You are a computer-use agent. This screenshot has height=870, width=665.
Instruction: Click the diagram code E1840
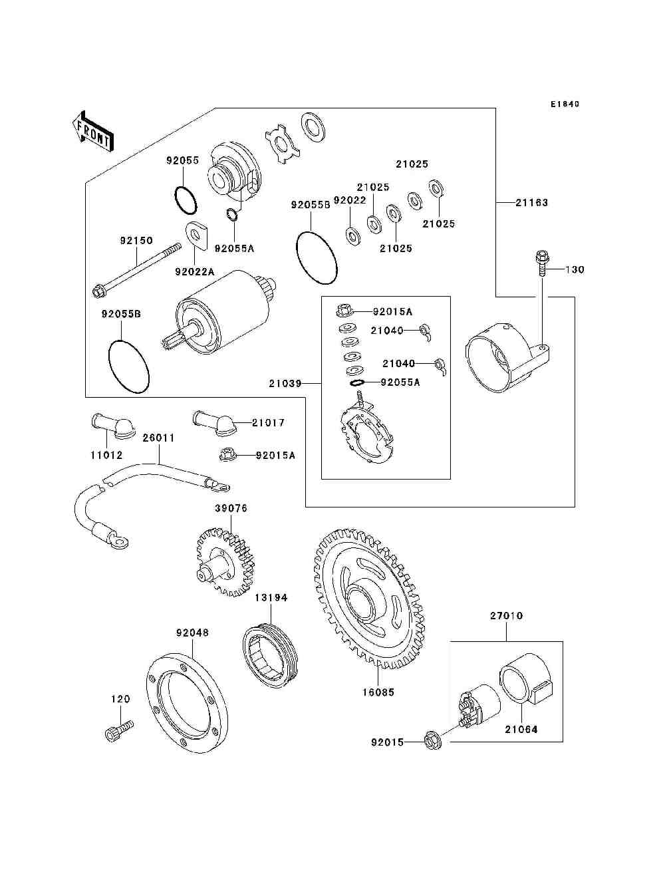[x=565, y=104]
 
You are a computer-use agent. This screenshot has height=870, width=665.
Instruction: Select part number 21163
[x=531, y=202]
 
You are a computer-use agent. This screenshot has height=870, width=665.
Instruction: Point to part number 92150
[x=136, y=241]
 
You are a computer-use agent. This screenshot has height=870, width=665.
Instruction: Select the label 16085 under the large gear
[x=378, y=692]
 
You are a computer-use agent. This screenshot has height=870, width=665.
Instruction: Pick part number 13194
[x=271, y=598]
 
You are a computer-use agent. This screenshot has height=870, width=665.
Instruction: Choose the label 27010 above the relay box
[x=506, y=616]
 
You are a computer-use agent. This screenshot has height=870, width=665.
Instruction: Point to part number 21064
[x=521, y=730]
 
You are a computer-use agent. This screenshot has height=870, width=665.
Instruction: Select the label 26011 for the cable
[x=158, y=438]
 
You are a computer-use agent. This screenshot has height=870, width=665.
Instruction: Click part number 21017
[x=268, y=422]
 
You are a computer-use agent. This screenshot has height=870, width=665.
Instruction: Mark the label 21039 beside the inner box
[x=285, y=384]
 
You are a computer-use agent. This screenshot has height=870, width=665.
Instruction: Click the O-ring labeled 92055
[x=186, y=198]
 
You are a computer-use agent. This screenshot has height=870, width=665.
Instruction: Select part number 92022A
[x=195, y=271]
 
